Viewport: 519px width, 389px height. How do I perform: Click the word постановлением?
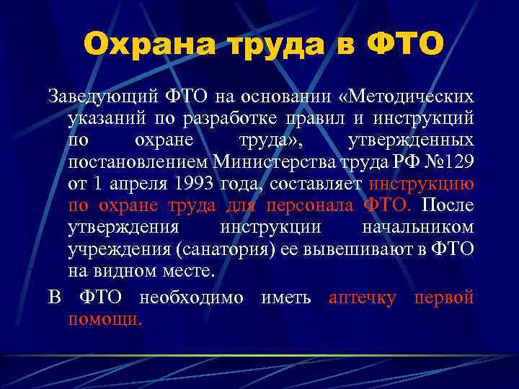(136, 161)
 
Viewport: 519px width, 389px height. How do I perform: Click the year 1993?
(193, 184)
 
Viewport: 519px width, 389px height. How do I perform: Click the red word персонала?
(309, 206)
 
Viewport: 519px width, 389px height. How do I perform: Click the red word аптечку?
(362, 297)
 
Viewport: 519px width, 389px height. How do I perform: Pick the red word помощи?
(105, 318)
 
